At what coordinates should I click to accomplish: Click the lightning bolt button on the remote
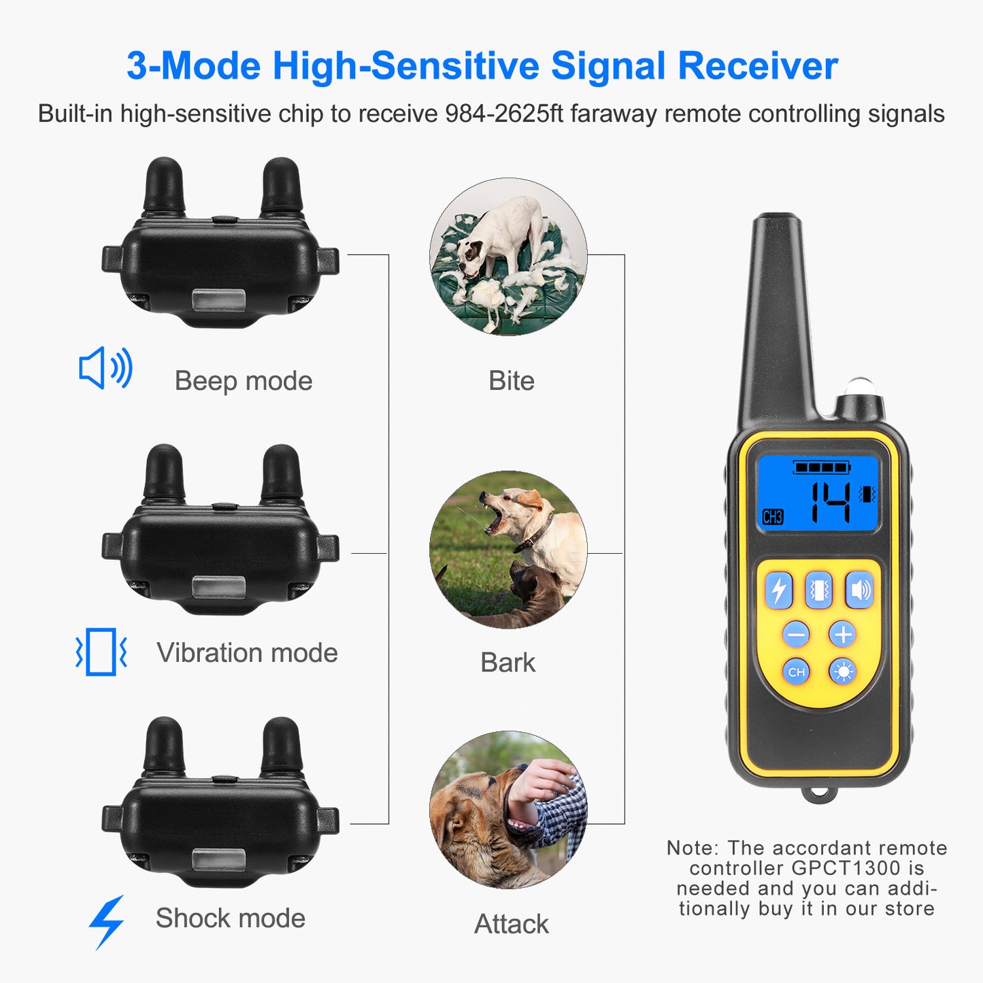point(779,590)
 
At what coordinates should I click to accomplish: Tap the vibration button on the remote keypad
point(819,590)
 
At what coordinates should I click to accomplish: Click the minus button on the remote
point(796,635)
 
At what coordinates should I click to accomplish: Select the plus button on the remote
point(843,635)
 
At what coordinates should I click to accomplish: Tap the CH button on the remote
point(796,672)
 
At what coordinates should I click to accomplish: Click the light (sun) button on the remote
point(843,672)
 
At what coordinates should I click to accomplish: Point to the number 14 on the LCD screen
point(830,502)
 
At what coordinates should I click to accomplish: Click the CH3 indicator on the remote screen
point(773,517)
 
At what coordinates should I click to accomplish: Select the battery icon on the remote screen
point(822,467)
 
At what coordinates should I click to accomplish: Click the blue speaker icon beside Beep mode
point(105,368)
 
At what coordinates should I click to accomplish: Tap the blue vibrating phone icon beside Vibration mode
point(101,652)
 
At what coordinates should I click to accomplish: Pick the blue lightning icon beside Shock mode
point(107,921)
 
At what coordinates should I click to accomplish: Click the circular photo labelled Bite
point(508,256)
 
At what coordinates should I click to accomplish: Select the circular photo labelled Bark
point(508,550)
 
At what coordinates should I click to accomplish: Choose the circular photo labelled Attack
point(508,810)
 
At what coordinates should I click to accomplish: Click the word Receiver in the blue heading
point(757,66)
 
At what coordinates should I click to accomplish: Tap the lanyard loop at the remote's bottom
point(818,794)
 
